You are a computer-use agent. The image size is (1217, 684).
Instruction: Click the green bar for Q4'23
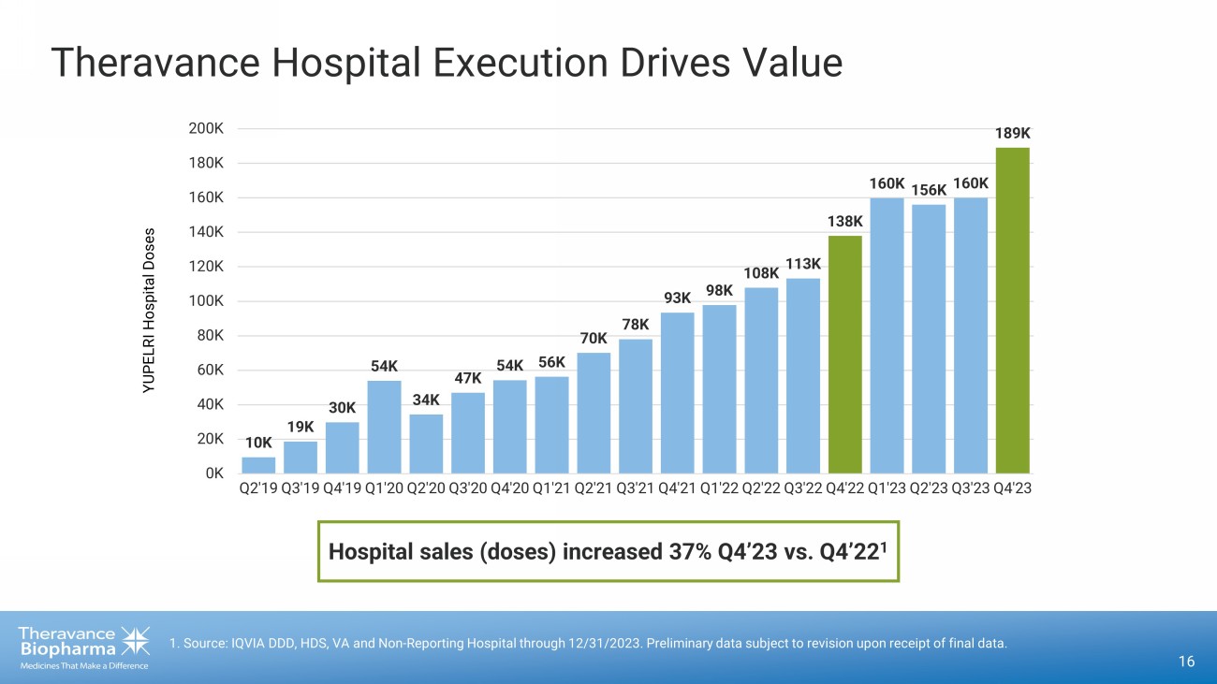(1012, 310)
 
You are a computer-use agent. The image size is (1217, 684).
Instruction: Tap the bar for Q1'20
(384, 426)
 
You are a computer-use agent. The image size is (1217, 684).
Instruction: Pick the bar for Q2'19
(258, 464)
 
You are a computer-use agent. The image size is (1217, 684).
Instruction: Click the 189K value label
(1012, 134)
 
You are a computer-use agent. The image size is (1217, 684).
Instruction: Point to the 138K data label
(844, 222)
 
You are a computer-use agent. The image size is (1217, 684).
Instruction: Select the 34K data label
(426, 400)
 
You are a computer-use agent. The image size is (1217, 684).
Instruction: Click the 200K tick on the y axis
(205, 128)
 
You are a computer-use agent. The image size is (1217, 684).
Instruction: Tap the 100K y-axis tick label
(205, 300)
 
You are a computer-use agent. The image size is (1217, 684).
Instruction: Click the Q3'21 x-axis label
(635, 488)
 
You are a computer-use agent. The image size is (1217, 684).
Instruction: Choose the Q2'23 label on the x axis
(929, 488)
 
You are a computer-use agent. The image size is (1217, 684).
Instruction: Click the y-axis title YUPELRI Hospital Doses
(149, 310)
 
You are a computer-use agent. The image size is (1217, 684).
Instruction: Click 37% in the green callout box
(689, 552)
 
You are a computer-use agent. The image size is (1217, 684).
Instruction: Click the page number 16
(1186, 662)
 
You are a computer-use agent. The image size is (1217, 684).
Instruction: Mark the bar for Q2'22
(761, 379)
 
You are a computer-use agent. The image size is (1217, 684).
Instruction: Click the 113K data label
(802, 265)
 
